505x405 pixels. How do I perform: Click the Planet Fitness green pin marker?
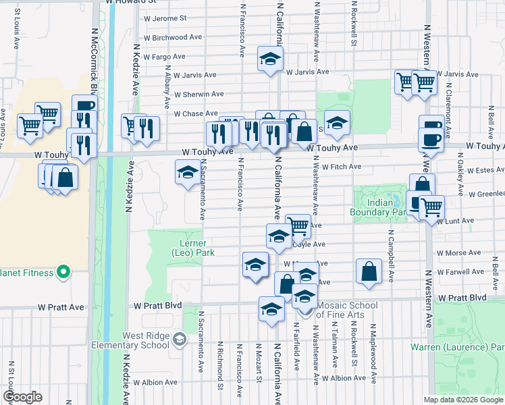coord(63,273)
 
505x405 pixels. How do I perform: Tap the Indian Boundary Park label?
coord(380,207)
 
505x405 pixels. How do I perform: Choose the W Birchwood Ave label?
coord(173,38)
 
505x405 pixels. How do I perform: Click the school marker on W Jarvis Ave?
coord(269,60)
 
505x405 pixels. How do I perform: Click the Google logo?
coord(22,397)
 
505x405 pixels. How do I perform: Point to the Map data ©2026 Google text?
coord(462,400)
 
